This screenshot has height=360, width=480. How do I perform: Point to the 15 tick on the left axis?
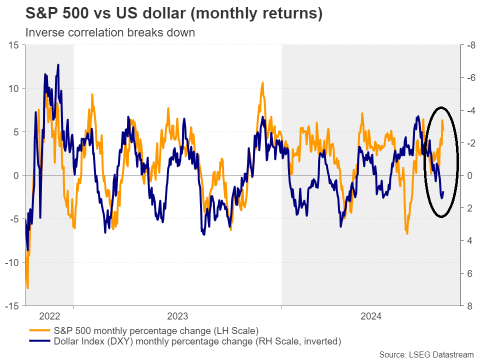[13, 45]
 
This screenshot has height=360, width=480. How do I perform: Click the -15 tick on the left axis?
[12, 305]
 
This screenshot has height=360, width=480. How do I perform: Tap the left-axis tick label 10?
[13, 88]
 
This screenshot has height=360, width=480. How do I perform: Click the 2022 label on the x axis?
[49, 316]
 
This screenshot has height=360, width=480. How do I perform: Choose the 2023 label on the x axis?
[177, 316]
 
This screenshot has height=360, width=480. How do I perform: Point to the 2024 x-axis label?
[370, 316]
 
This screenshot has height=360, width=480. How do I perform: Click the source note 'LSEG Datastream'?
[426, 354]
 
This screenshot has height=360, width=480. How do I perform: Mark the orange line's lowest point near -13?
[27, 288]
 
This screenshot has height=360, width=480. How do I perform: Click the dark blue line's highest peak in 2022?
[58, 64]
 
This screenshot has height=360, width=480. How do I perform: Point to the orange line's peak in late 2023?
[262, 82]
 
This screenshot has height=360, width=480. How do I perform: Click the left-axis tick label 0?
[16, 175]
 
